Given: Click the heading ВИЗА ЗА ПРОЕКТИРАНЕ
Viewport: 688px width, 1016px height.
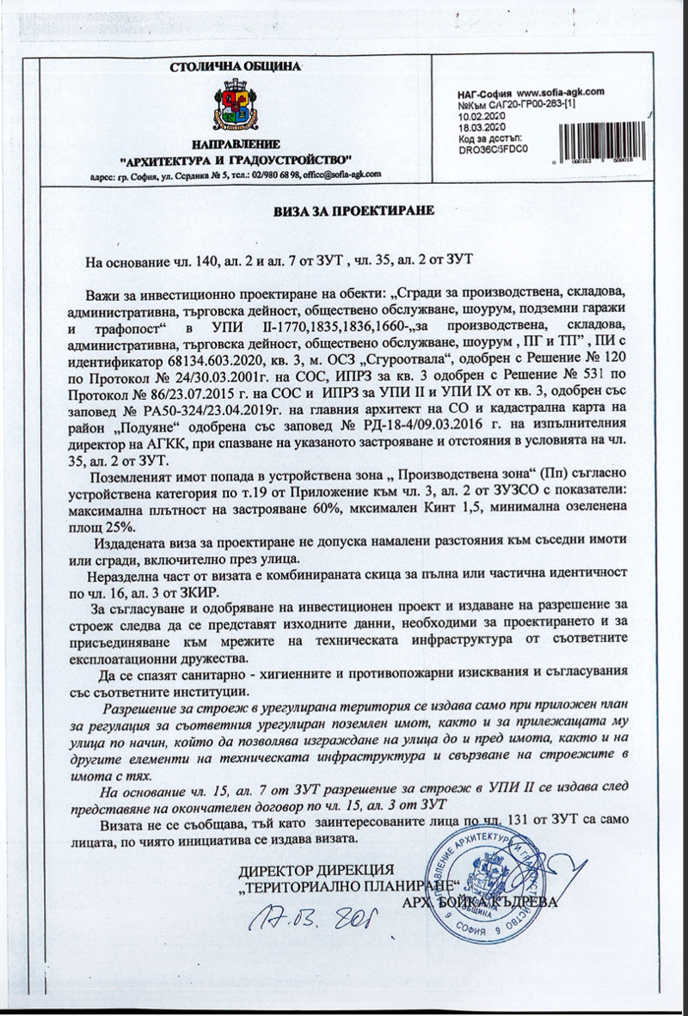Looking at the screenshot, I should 348,210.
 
